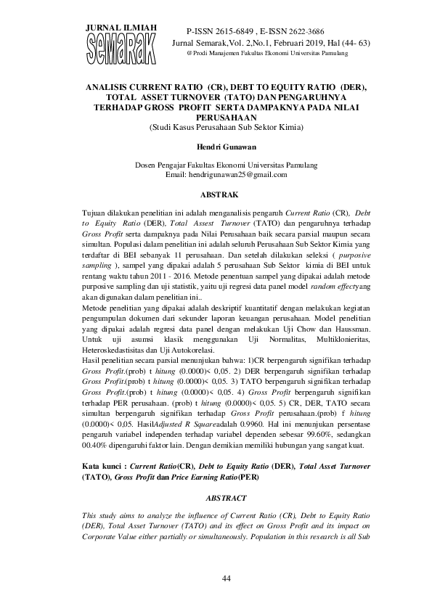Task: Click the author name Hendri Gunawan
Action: [x=216, y=147]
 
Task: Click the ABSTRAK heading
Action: [x=216, y=194]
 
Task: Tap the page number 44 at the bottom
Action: [x=216, y=577]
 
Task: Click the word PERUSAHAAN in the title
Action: [x=216, y=117]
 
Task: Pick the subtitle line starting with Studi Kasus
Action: [x=216, y=127]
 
